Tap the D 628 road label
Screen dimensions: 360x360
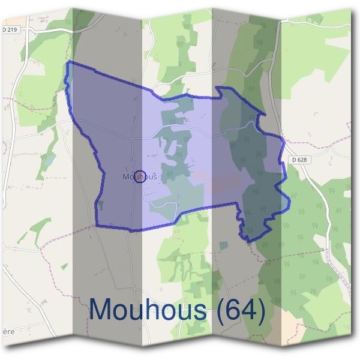tap(299, 160)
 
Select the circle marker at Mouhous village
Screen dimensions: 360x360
tap(139, 176)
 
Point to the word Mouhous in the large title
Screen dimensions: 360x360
tap(150, 310)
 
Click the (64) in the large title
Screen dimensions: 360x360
tap(241, 310)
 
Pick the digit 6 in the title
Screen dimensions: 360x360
tap(234, 310)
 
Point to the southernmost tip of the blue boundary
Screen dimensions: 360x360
tap(247, 241)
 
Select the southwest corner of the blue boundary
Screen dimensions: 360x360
tap(97, 226)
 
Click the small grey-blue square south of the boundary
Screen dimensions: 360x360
tap(224, 245)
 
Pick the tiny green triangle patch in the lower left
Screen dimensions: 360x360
tap(64, 266)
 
